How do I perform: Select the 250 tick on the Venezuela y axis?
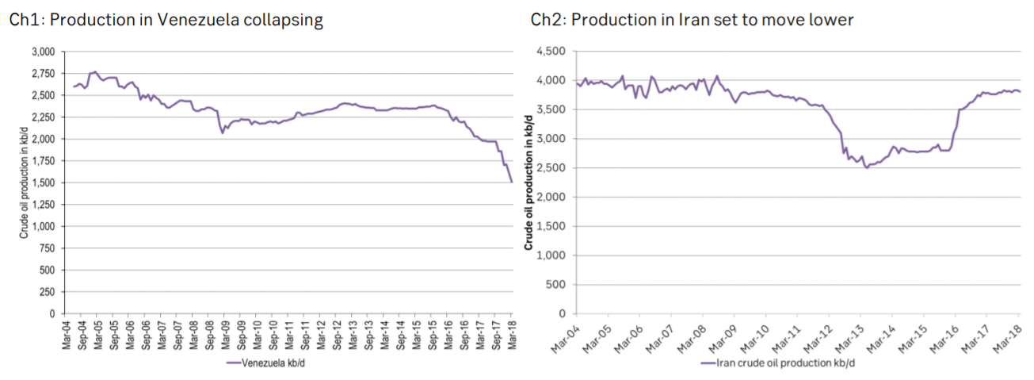pos(47,292)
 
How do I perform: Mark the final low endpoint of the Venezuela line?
pos(512,182)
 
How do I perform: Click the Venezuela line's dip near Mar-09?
pos(223,132)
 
